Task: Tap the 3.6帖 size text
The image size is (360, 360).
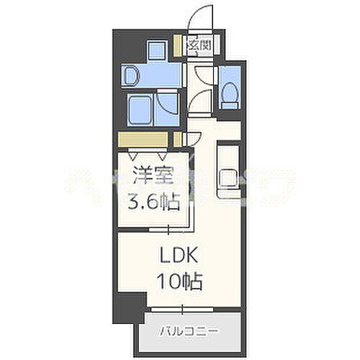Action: [x=150, y=199]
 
